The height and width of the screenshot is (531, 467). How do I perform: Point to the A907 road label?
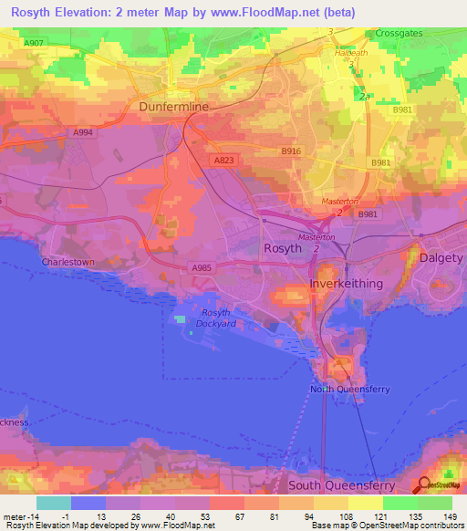34,43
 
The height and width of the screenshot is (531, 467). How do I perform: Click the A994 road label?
84,132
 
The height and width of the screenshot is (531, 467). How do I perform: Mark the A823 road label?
223,159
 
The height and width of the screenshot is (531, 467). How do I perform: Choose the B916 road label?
291,151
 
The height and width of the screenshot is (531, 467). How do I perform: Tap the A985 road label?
202,267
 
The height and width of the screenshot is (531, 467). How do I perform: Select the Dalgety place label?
441,258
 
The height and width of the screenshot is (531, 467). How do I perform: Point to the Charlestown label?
67,262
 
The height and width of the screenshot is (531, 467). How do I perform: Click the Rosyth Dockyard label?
216,318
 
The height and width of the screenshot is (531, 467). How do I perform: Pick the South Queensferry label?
344,485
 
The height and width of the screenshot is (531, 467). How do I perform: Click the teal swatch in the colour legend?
53,503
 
